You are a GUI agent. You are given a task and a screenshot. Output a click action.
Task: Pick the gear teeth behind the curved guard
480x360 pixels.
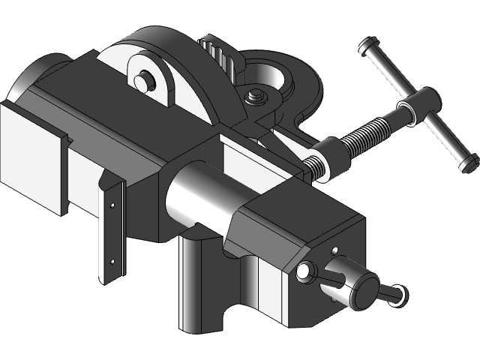(x=217, y=53)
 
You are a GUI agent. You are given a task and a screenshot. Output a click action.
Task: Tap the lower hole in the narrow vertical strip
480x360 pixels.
(x=112, y=261)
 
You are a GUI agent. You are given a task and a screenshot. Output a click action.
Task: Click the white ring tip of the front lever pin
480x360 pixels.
(x=397, y=294)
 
